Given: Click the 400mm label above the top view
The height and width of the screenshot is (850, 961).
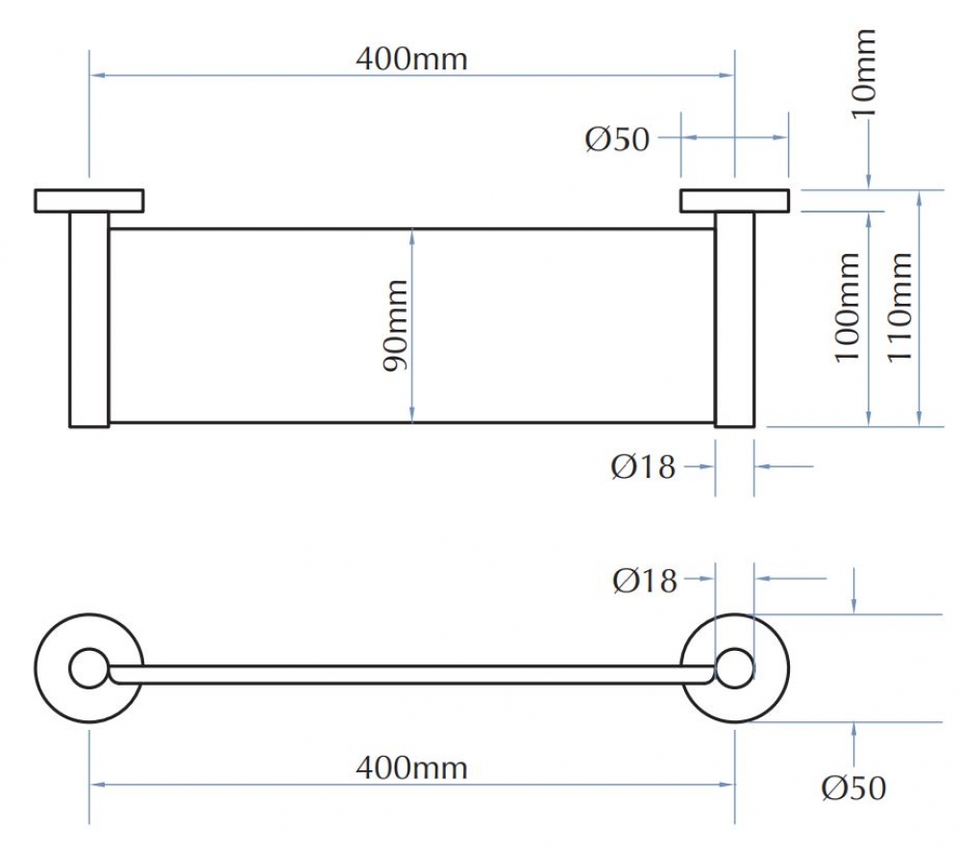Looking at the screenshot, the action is tap(411, 60).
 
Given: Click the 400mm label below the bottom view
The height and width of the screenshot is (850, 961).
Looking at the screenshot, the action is tap(411, 768).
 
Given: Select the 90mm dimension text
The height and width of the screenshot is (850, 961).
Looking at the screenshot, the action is tap(395, 326).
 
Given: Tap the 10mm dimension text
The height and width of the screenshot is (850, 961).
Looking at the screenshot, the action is tap(865, 74).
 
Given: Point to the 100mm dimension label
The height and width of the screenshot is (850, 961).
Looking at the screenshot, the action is tap(848, 308).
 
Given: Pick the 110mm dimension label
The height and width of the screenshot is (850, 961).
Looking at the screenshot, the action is tap(900, 308).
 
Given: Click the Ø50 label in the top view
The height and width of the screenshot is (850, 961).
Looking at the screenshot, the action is tap(617, 139).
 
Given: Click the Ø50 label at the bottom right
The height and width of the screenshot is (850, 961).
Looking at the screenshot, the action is tap(853, 788).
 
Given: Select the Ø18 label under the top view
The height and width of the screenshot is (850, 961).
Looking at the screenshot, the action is tap(643, 467).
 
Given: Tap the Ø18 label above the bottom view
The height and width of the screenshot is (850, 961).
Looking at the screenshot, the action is tap(645, 581).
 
